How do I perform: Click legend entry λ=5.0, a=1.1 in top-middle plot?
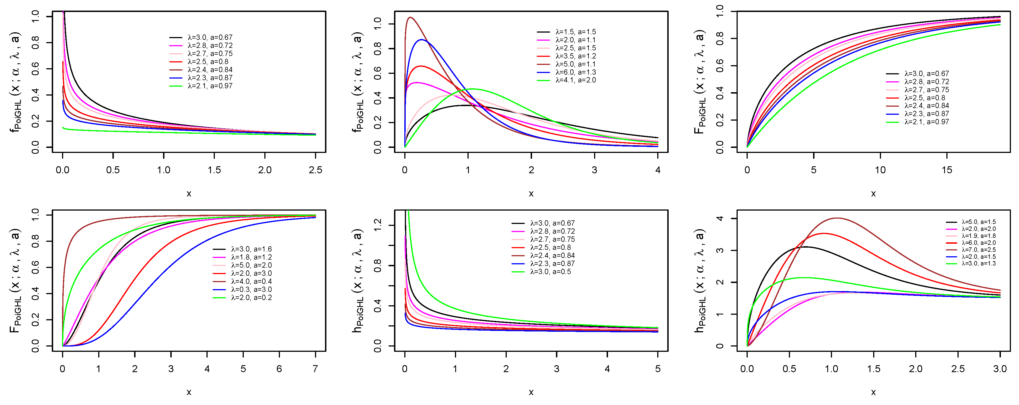click(x=575, y=64)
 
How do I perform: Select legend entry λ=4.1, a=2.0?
click(x=575, y=80)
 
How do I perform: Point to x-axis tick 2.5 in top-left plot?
click(x=315, y=170)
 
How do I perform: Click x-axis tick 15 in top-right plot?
click(x=947, y=170)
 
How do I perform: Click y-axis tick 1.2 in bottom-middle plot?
click(x=378, y=225)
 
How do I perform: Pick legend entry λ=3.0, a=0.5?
click(x=550, y=272)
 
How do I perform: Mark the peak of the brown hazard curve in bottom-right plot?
click(x=837, y=218)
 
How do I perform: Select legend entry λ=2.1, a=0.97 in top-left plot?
click(x=210, y=86)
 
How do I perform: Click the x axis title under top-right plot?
click(x=873, y=194)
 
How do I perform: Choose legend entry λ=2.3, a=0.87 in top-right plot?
click(x=926, y=114)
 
